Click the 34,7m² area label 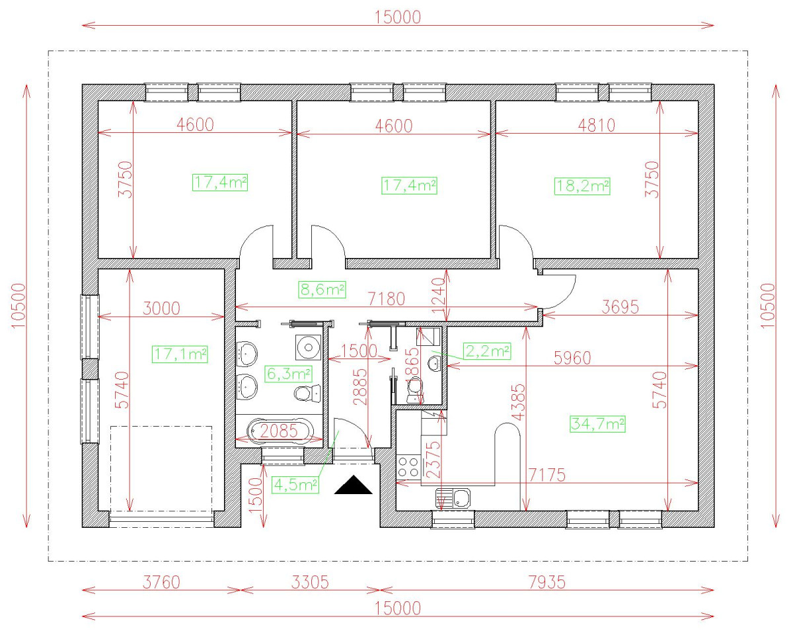click(x=597, y=423)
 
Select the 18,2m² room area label click(x=582, y=186)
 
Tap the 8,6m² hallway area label click(x=322, y=290)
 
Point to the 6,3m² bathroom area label click(x=289, y=374)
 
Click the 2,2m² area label click(x=487, y=351)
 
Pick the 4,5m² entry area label click(x=295, y=484)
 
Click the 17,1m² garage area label click(x=180, y=355)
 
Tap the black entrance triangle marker click(x=353, y=484)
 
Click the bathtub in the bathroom click(x=280, y=430)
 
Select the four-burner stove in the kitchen click(x=408, y=467)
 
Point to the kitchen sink click(x=453, y=499)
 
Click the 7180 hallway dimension click(x=387, y=298)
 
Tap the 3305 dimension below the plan click(x=310, y=583)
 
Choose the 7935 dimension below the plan click(x=547, y=583)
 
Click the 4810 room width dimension click(x=597, y=126)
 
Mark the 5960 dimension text click(x=572, y=358)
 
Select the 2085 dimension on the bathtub click(x=279, y=431)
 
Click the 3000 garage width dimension click(x=161, y=308)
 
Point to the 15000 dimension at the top click(x=398, y=17)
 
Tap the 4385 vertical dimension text click(x=519, y=402)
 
